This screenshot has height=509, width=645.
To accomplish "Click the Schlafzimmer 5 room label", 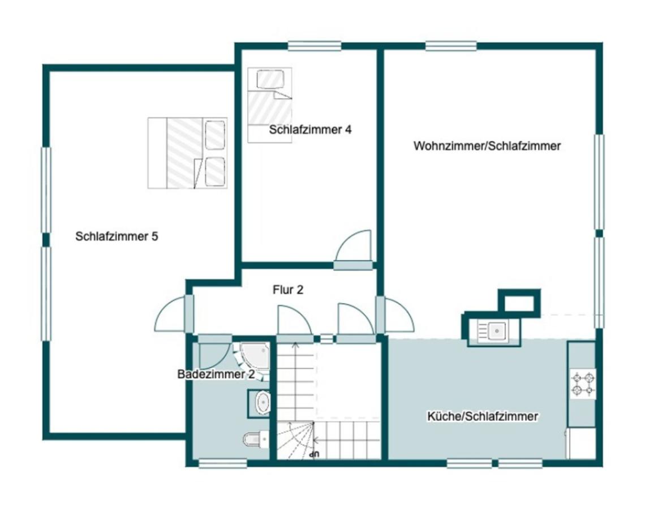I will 117,236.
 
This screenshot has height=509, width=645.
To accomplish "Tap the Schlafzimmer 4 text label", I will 310,130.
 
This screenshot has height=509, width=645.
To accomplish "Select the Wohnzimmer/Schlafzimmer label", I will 487,146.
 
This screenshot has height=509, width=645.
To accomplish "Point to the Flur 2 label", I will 287,290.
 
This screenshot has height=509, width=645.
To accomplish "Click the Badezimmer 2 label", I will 215,374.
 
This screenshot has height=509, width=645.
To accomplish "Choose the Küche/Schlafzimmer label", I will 482,417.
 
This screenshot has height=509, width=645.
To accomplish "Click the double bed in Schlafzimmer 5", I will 187,153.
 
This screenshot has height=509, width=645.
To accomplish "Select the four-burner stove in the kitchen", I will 582,383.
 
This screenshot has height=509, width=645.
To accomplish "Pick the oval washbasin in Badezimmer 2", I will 263,403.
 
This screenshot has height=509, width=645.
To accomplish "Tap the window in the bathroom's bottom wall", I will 222,463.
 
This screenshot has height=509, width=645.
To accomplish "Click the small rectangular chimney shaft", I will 518,301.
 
